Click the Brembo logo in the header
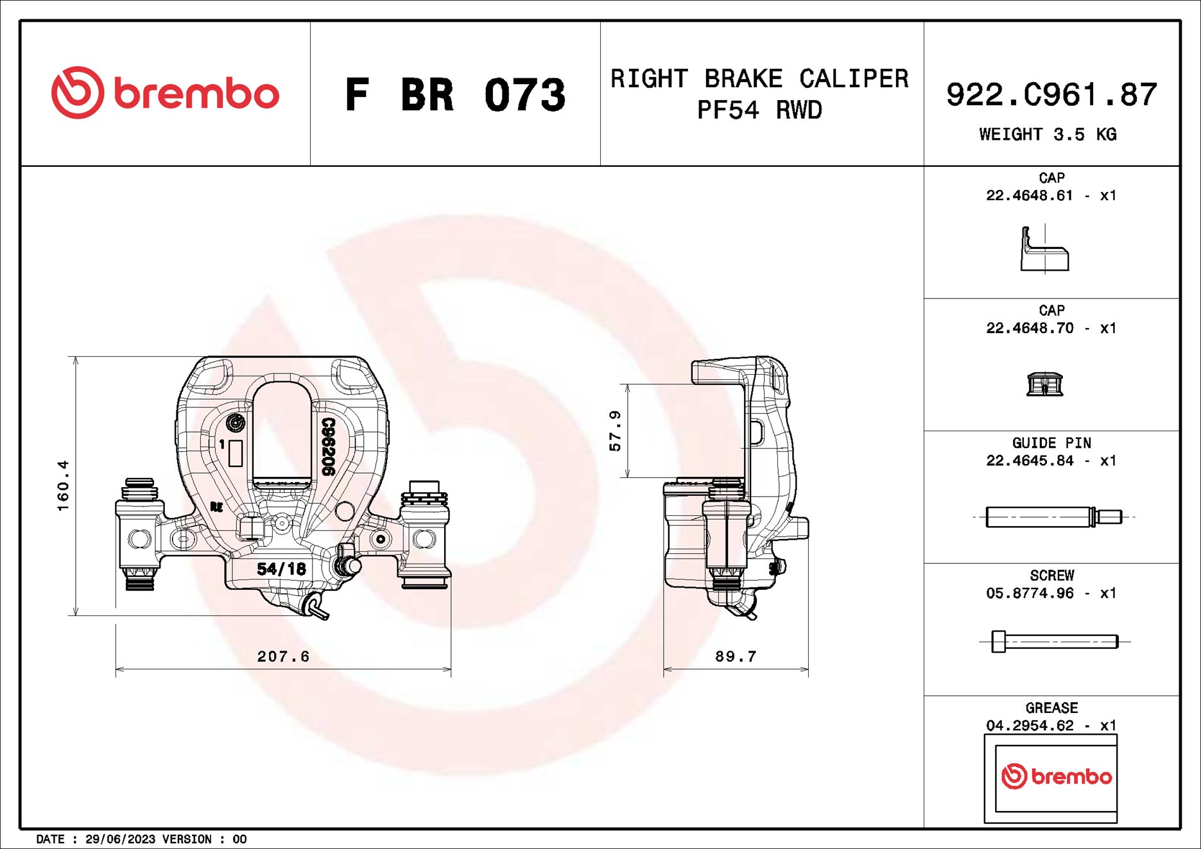pyautogui.click(x=165, y=93)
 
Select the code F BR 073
pyautogui.click(x=454, y=95)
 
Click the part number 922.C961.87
pyautogui.click(x=1051, y=94)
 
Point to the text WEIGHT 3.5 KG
pyautogui.click(x=1048, y=134)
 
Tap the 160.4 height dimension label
pyautogui.click(x=63, y=485)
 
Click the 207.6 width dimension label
pyautogui.click(x=283, y=656)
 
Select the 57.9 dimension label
pyautogui.click(x=615, y=431)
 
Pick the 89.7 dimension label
pyautogui.click(x=736, y=656)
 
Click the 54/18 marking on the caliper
pyautogui.click(x=281, y=569)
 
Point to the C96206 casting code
pyautogui.click(x=328, y=447)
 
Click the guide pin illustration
pyautogui.click(x=1053, y=517)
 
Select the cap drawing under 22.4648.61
pyautogui.click(x=1044, y=250)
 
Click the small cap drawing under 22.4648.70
pyautogui.click(x=1044, y=384)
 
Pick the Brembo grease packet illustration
pyautogui.click(x=1051, y=777)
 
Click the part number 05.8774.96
pyautogui.click(x=1030, y=593)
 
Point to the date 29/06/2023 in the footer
pyautogui.click(x=120, y=839)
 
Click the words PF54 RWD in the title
pyautogui.click(x=759, y=110)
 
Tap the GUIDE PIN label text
pyautogui.click(x=1051, y=443)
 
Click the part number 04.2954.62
pyautogui.click(x=1030, y=725)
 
